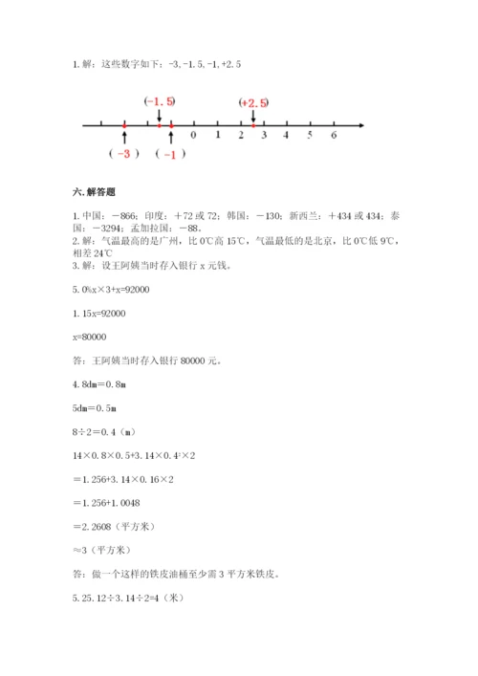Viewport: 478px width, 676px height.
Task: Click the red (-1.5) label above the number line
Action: pos(159,101)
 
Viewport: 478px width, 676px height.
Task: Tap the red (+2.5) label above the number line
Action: pos(254,101)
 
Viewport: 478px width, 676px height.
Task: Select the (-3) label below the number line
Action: pos(124,154)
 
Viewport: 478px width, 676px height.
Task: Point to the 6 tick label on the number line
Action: pos(333,136)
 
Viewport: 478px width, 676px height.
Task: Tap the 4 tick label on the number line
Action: pos(287,136)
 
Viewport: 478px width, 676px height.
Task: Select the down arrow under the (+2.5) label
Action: pos(253,117)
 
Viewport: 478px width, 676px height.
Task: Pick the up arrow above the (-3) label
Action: pos(125,138)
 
